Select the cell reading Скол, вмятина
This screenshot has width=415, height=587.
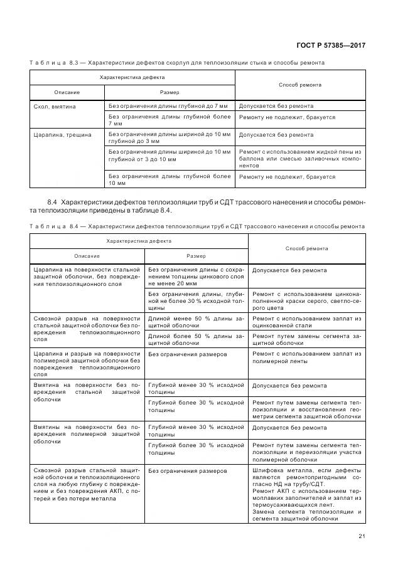55,107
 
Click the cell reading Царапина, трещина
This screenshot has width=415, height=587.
62,135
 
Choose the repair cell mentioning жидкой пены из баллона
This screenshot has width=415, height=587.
300,160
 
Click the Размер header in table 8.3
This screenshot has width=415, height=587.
170,92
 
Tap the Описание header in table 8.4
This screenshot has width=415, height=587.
87,256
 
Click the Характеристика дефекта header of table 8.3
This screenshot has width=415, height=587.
132,77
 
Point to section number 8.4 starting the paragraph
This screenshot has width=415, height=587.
52,203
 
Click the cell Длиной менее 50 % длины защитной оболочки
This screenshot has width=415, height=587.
196,322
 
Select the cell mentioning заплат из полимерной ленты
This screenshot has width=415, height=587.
306,357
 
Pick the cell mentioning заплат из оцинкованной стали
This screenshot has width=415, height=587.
306,322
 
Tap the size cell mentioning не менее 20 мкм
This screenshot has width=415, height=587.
196,274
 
